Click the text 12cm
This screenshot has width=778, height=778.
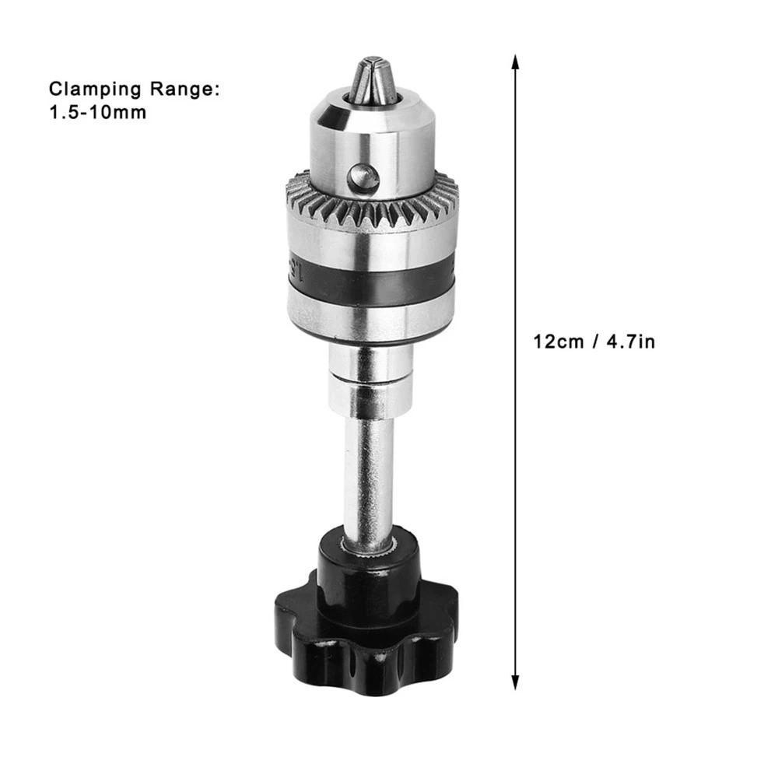click(x=559, y=342)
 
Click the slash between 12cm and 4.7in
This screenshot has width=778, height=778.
click(x=595, y=342)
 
